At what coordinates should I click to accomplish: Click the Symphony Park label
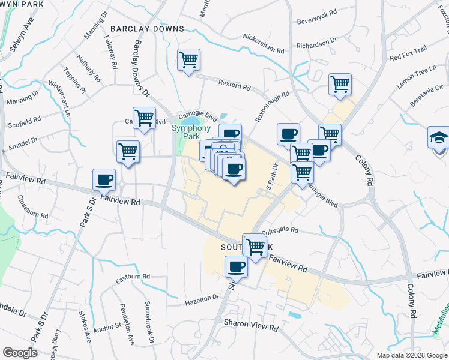[x=191, y=132]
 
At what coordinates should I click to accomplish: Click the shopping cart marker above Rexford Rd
[x=188, y=60]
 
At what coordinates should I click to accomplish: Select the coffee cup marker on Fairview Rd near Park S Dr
[x=104, y=179]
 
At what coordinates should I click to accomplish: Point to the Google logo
[x=20, y=352]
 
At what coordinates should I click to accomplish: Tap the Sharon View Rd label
[x=252, y=328]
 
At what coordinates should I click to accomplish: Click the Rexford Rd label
[x=234, y=86]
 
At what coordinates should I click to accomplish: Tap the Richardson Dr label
[x=318, y=44]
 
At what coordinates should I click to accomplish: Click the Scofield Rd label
[x=25, y=120]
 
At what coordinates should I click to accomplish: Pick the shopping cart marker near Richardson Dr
[x=340, y=85]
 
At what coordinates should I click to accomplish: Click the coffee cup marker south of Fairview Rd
[x=236, y=267]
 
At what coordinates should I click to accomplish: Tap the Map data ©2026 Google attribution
[x=412, y=355]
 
